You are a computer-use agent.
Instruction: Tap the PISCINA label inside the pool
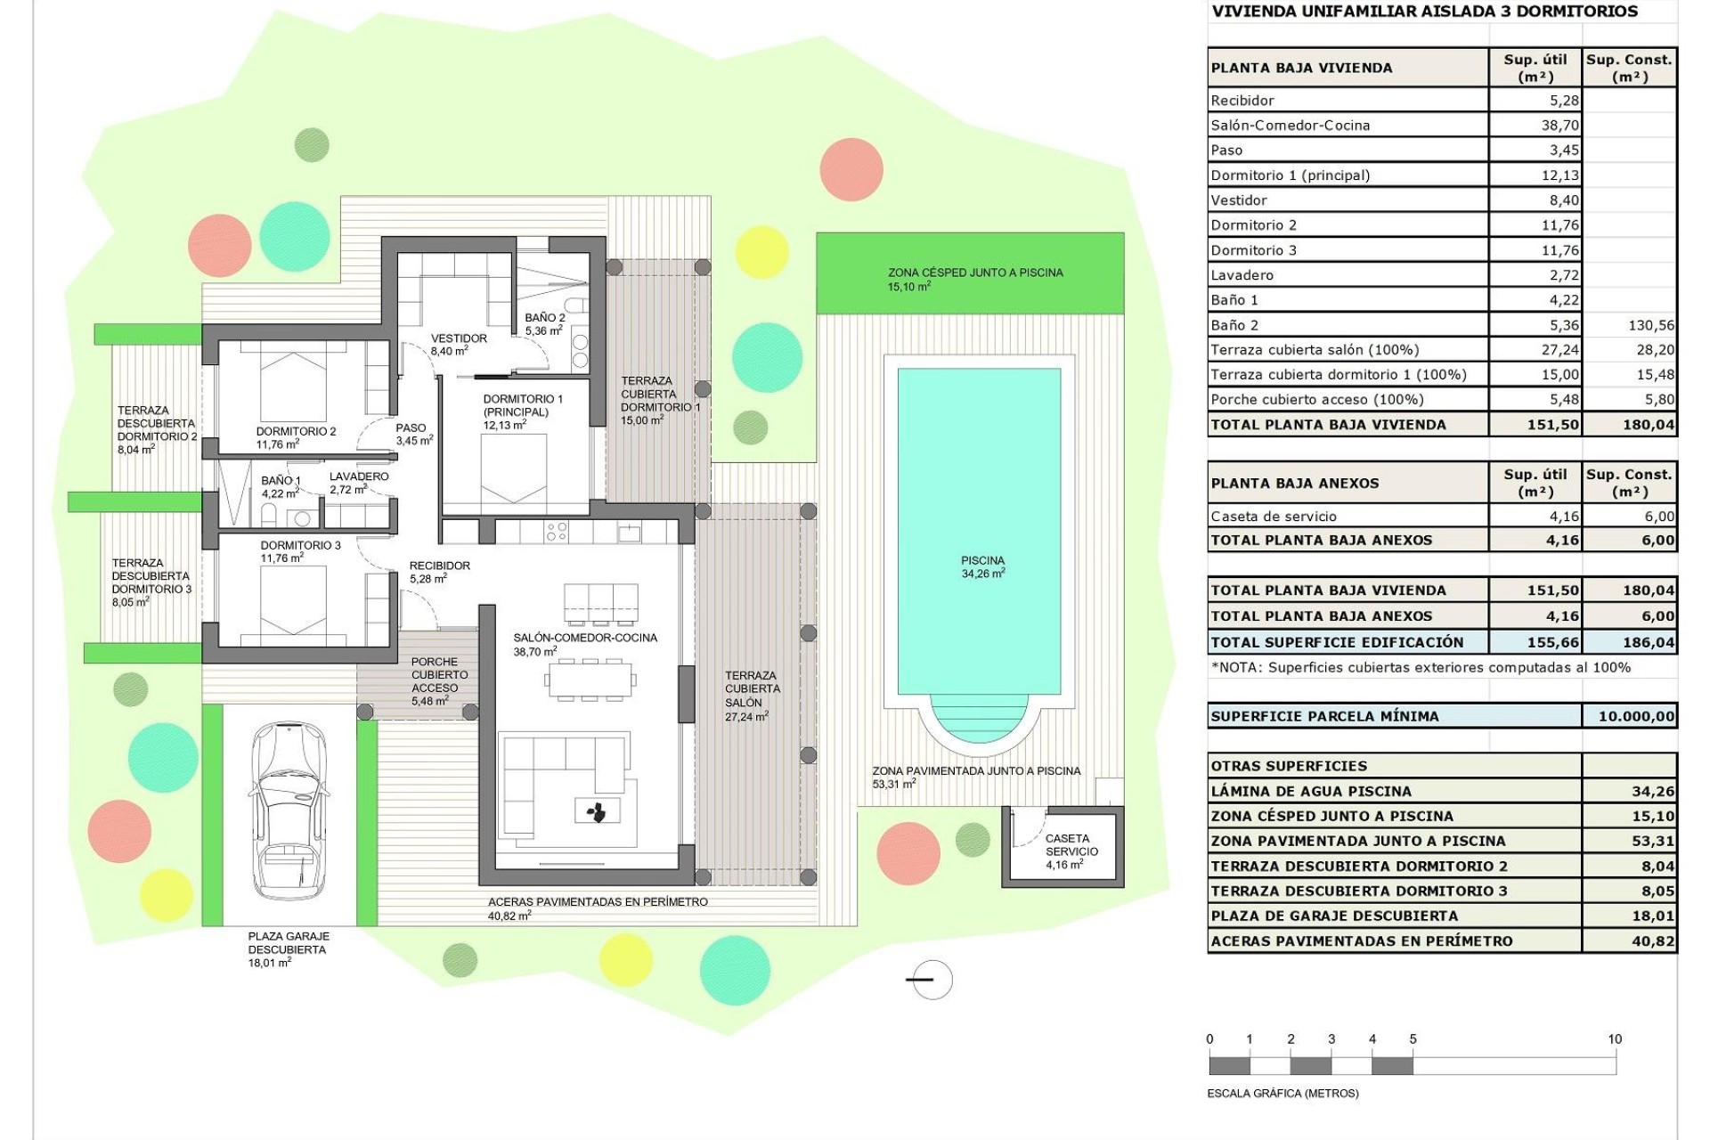click(982, 566)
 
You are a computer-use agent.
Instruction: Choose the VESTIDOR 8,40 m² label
click(458, 345)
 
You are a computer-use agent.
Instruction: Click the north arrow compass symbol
click(932, 980)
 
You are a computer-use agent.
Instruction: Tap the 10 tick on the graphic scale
click(1615, 1039)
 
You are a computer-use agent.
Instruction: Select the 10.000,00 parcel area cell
click(1630, 716)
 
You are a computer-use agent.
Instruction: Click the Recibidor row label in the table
click(1242, 101)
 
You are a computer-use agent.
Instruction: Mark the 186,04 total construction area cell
click(1648, 642)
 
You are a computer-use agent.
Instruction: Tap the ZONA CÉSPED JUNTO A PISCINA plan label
click(974, 279)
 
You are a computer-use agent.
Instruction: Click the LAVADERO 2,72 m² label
click(358, 483)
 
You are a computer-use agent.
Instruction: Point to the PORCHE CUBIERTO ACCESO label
click(435, 681)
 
